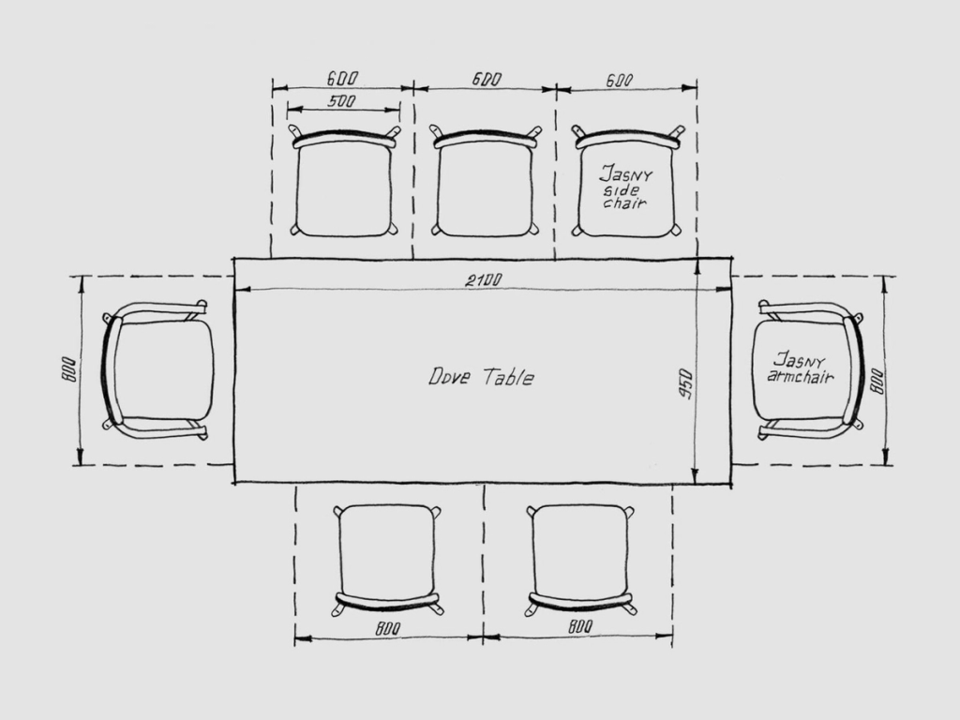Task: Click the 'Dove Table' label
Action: (x=481, y=377)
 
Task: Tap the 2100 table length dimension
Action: (x=484, y=280)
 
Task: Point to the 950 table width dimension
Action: (x=685, y=384)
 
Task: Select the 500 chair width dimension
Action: (x=341, y=100)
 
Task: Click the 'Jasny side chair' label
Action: (x=625, y=187)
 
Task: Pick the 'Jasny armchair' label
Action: (x=801, y=367)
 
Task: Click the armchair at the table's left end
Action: (x=157, y=370)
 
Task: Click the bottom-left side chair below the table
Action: (x=387, y=561)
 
